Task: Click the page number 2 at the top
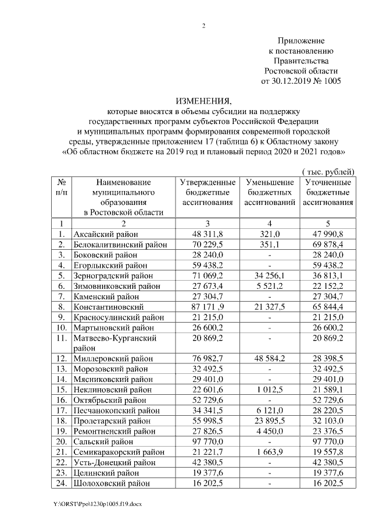click(x=203, y=26)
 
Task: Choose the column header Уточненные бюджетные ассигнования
click(x=328, y=192)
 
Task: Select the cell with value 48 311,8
click(x=208, y=234)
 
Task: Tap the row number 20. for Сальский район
click(x=60, y=441)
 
